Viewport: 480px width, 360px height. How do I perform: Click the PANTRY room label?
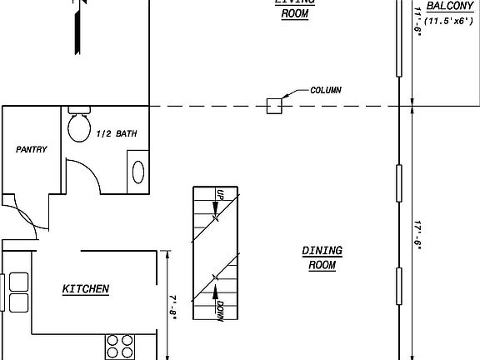(x=32, y=149)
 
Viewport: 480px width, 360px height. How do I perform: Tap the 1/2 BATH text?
(x=117, y=133)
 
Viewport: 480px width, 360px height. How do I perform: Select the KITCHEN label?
(x=86, y=289)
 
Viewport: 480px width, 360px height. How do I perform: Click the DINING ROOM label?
(x=322, y=257)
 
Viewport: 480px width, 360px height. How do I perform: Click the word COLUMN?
(x=325, y=90)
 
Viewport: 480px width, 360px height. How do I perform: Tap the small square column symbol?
(x=273, y=105)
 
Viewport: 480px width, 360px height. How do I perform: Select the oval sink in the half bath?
(x=138, y=172)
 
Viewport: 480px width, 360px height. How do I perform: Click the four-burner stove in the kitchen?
(x=120, y=345)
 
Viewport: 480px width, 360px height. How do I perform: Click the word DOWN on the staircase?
(x=219, y=312)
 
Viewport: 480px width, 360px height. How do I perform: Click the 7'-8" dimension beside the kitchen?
(x=172, y=307)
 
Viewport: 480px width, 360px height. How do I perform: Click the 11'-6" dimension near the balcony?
(x=417, y=18)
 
